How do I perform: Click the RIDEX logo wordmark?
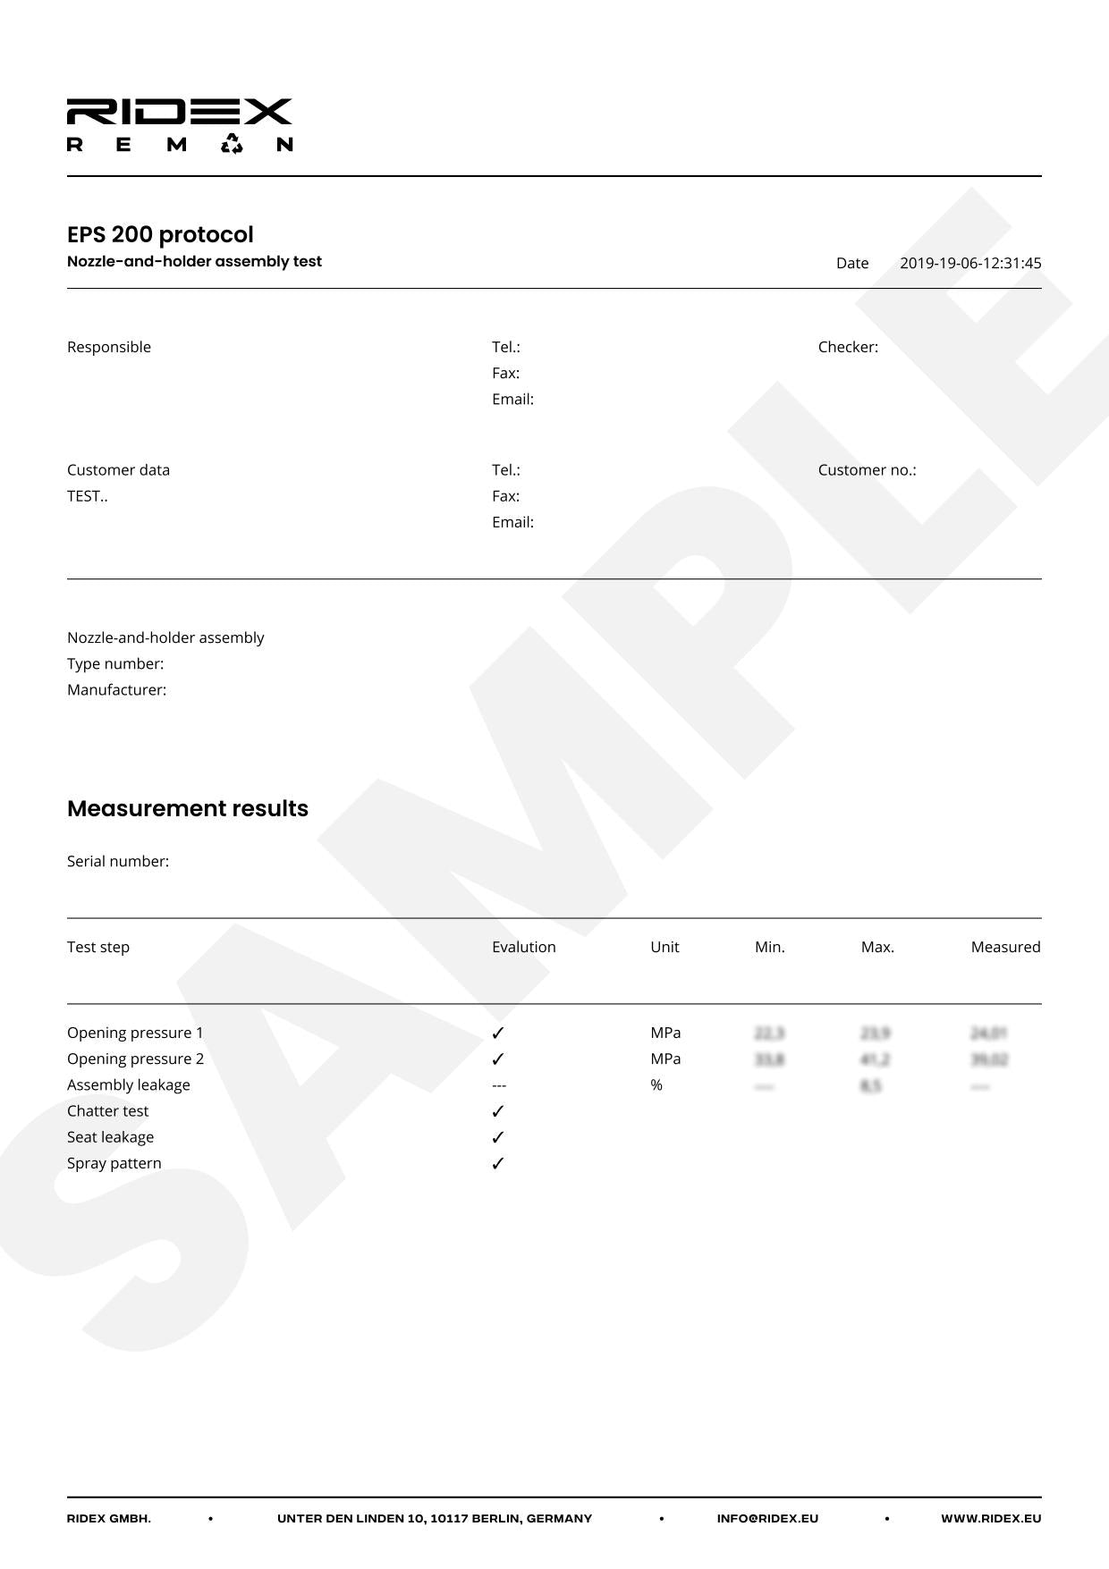[179, 112]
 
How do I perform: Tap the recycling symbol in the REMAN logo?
[232, 144]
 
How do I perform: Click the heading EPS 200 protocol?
[160, 234]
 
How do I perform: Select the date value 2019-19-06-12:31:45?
[970, 263]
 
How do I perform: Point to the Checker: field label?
[848, 347]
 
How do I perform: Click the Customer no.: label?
[867, 470]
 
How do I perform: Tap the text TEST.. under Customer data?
[87, 496]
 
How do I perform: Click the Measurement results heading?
[188, 808]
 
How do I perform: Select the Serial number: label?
[118, 861]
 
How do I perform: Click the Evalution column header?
[523, 947]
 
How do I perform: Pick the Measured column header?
[1005, 947]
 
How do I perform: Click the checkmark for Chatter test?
[498, 1111]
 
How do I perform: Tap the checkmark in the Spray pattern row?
[498, 1163]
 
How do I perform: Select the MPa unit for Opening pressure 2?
[665, 1059]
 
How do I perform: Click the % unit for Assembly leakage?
[656, 1085]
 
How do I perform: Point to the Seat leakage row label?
[110, 1137]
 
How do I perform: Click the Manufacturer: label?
[116, 690]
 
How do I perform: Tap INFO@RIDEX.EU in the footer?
[767, 1518]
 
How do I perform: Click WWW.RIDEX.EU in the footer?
[991, 1518]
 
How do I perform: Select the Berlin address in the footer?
[435, 1518]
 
